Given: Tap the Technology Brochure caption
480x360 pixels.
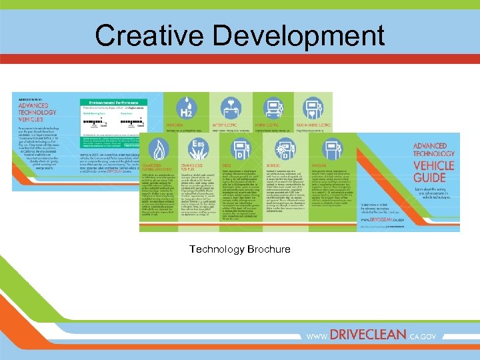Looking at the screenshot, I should [x=239, y=249].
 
